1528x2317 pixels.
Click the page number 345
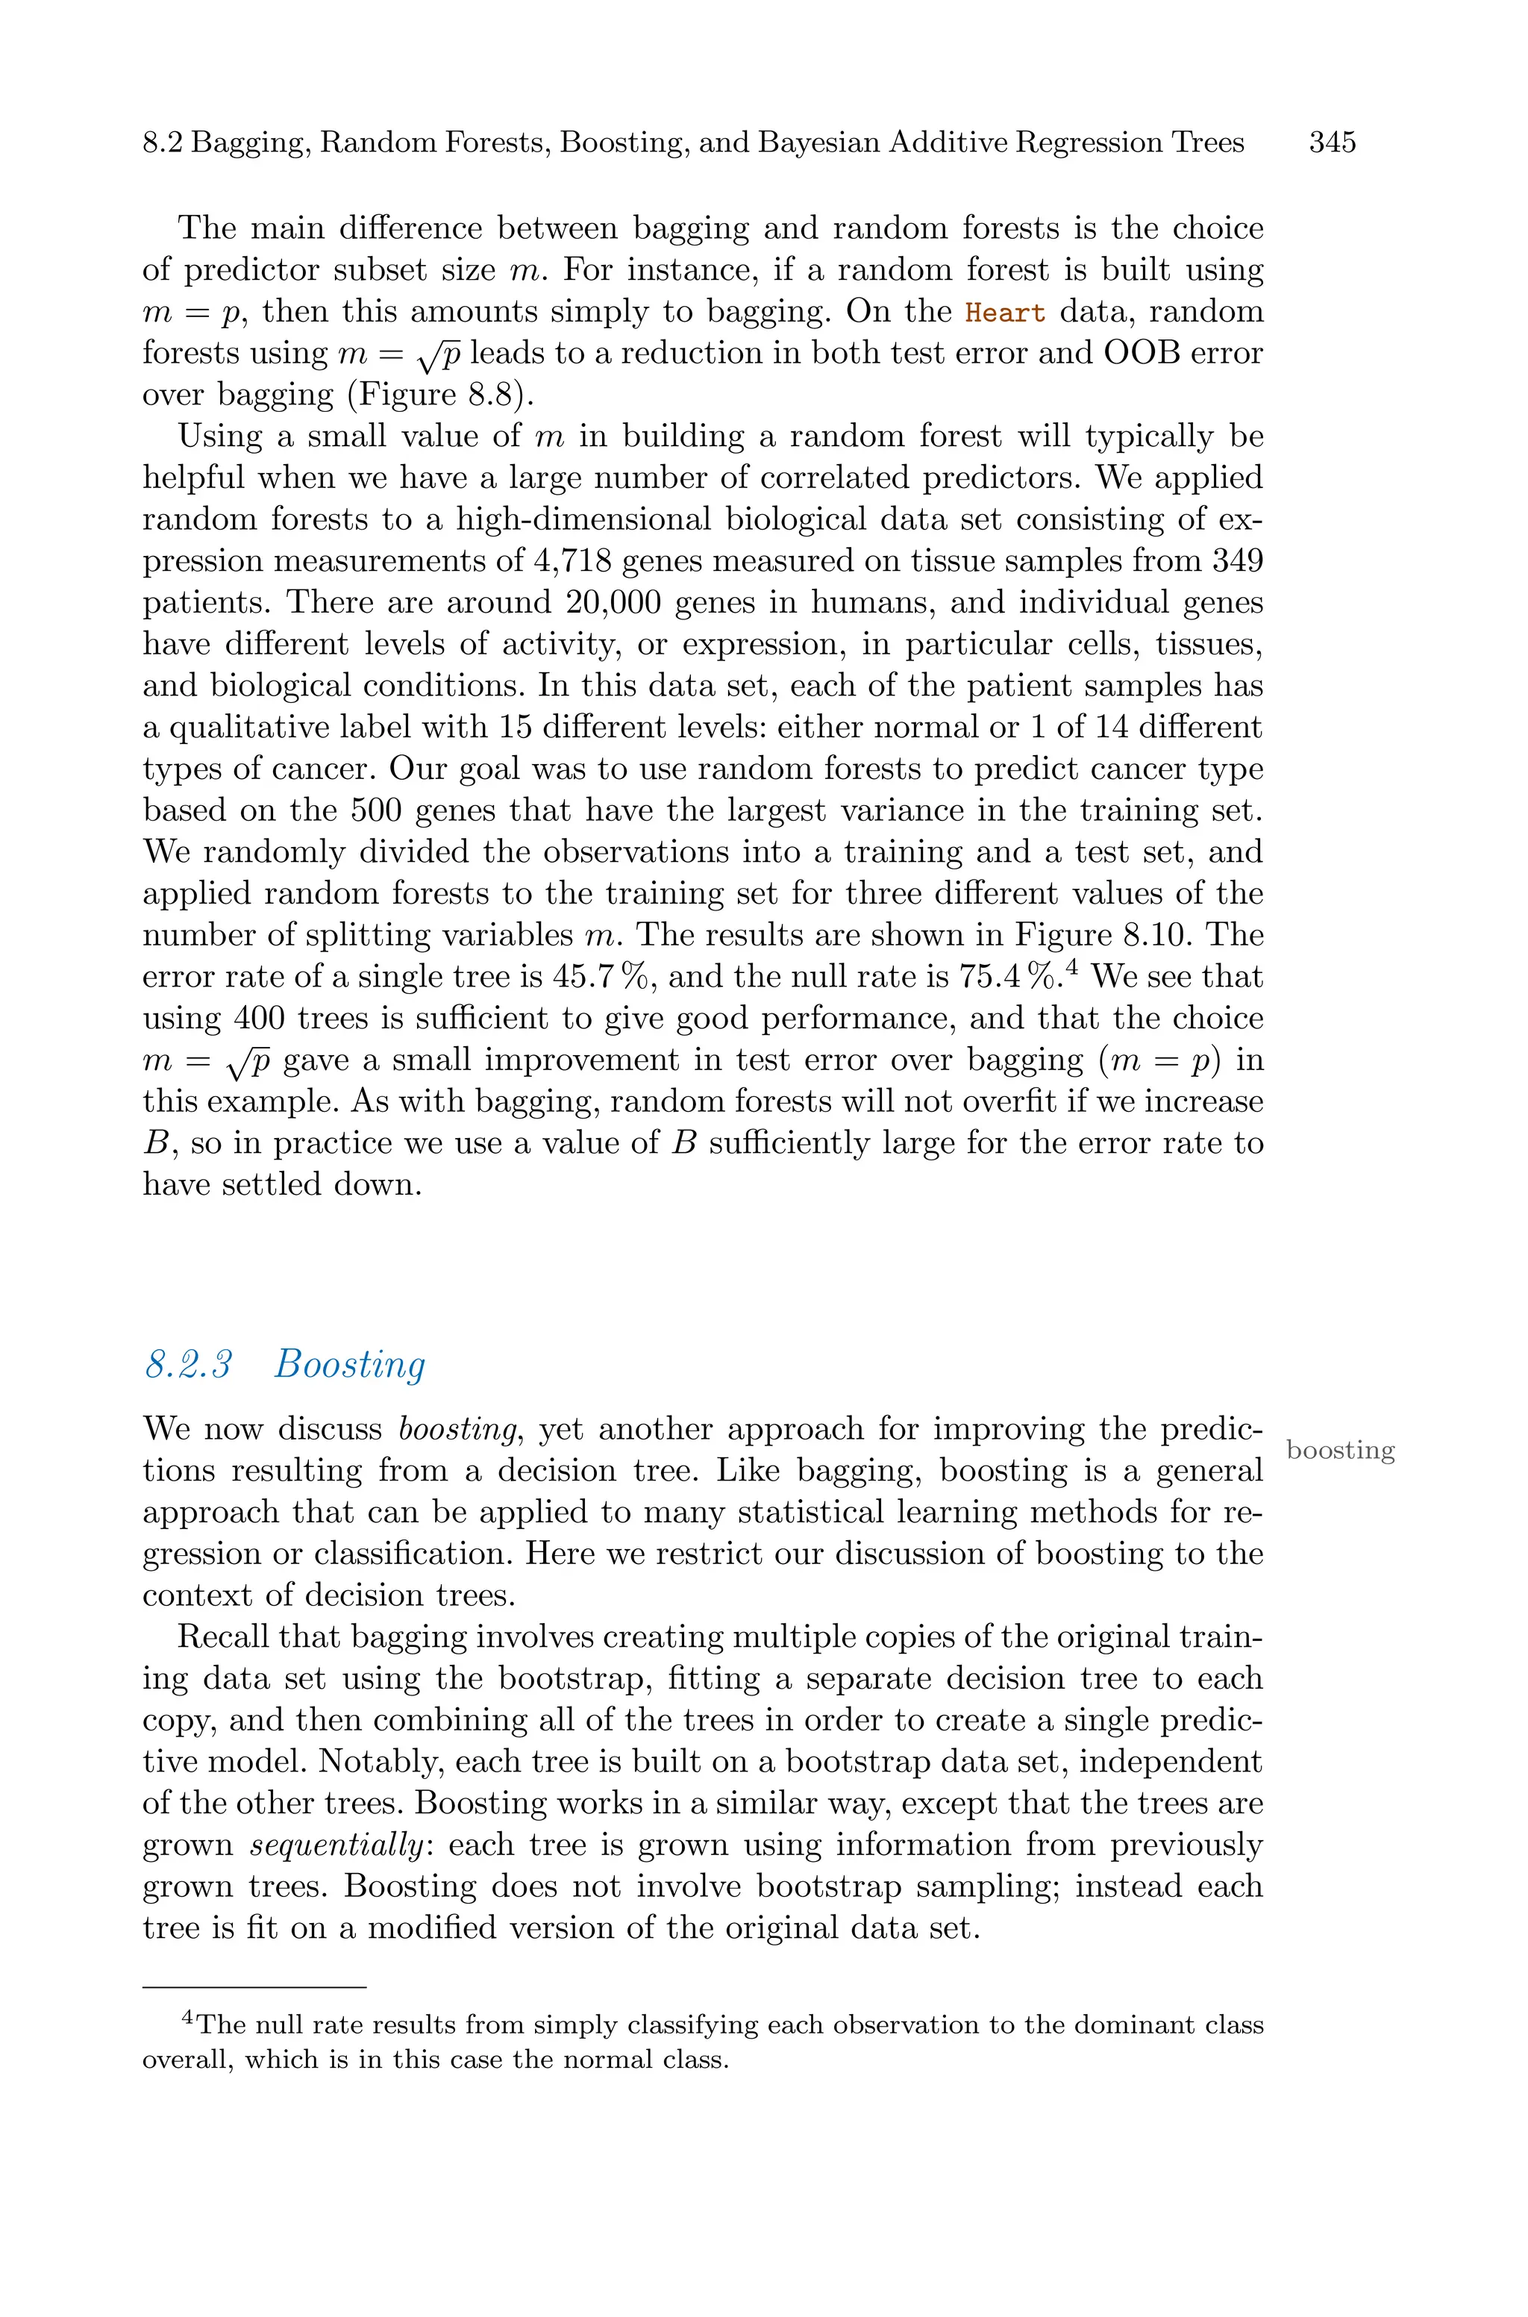tap(1332, 143)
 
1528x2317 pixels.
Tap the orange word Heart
tap(1005, 313)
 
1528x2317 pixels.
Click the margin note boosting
tap(1340, 1450)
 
